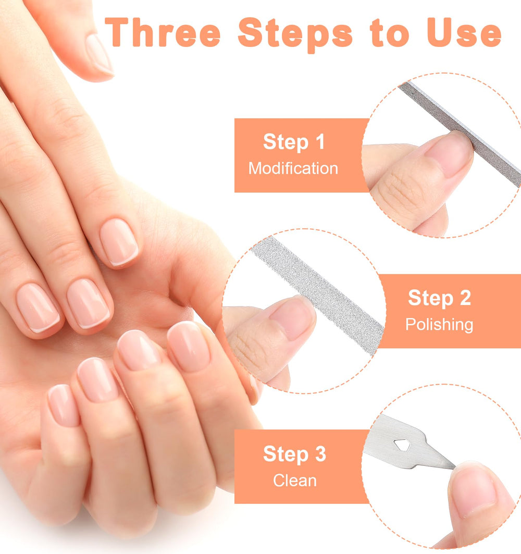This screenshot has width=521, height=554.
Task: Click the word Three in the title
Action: [x=163, y=32]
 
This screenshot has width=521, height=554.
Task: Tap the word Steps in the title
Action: [x=295, y=35]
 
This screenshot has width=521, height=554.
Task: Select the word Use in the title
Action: [x=464, y=32]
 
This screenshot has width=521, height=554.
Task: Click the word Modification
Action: [x=293, y=168]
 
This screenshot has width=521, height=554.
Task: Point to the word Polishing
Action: [x=439, y=324]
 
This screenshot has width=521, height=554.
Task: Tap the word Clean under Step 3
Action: [x=294, y=481]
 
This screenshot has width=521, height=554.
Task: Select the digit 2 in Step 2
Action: [x=465, y=298]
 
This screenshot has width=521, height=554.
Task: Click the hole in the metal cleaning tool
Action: [x=402, y=445]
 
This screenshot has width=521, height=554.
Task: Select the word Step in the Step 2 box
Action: [x=430, y=299]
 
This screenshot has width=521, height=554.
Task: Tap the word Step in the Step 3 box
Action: [x=286, y=455]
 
